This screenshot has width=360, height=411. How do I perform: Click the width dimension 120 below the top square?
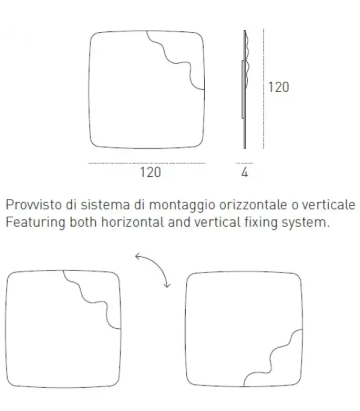[x=150, y=172]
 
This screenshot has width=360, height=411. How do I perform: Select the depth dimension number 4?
[x=245, y=173]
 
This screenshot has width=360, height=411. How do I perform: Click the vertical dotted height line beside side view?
[x=263, y=90]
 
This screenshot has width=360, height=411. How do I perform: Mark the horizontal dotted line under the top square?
[x=147, y=163]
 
